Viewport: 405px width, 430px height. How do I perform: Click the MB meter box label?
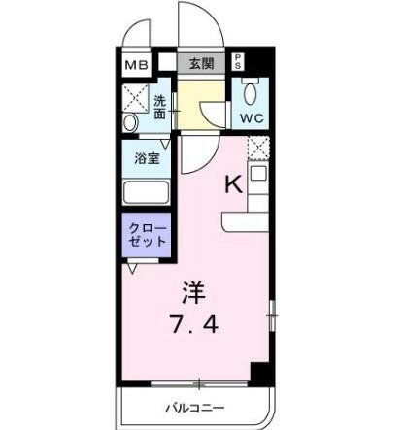(136, 66)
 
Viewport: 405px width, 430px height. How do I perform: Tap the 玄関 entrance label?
(201, 64)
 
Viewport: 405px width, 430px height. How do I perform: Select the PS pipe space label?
(238, 61)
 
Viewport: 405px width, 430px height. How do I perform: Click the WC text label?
(252, 118)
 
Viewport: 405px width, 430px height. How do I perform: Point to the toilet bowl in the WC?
(251, 93)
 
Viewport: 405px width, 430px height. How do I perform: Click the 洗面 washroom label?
(159, 108)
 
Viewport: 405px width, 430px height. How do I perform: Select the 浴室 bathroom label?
(148, 158)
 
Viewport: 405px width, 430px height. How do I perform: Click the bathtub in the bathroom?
(147, 192)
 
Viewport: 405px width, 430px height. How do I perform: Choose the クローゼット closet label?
(148, 235)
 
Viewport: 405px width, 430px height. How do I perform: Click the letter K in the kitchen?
(234, 185)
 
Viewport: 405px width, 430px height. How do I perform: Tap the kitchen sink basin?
(258, 174)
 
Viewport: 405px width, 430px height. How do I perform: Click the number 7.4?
(195, 324)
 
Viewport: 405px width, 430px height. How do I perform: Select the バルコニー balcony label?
(195, 408)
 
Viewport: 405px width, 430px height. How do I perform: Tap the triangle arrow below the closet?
(132, 269)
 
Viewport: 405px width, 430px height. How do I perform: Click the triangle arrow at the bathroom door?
(165, 145)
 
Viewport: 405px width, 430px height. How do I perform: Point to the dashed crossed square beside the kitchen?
(258, 149)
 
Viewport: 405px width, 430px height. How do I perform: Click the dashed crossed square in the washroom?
(136, 97)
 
